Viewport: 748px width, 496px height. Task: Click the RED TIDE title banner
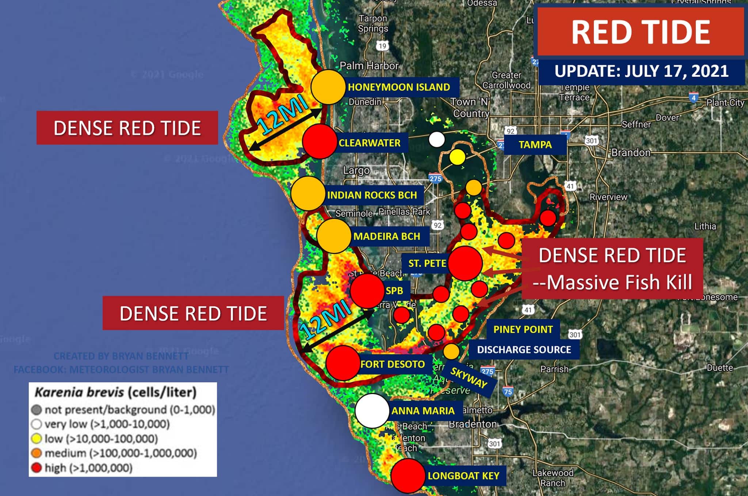641,32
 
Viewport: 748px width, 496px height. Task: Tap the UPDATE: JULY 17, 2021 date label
641,71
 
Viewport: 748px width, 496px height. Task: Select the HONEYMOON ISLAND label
399,87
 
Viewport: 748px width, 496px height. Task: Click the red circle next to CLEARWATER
320,142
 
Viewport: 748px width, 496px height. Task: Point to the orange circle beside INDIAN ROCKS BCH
308,194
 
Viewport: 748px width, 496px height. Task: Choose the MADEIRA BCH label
387,236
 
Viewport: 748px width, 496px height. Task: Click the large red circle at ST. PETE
465,263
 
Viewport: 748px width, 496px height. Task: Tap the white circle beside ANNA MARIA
372,410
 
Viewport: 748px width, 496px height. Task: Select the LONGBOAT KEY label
463,476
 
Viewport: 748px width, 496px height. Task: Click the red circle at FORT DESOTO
343,363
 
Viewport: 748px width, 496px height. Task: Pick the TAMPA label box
535,145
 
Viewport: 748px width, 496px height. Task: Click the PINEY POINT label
523,329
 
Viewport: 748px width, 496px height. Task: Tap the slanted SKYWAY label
469,378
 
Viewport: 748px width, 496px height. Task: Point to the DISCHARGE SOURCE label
524,350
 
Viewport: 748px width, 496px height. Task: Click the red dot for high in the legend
36,468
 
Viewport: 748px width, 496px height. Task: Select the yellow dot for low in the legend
36,439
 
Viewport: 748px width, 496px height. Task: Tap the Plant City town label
725,103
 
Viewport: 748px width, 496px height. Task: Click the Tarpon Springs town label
373,23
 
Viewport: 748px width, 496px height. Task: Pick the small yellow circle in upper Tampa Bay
457,157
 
